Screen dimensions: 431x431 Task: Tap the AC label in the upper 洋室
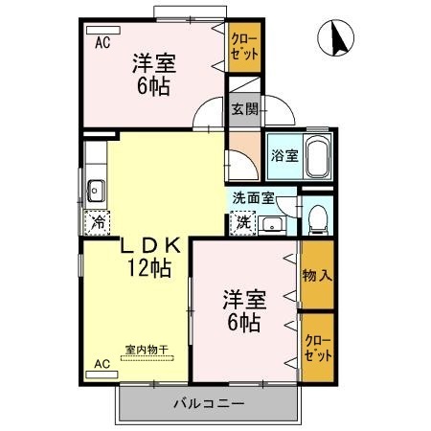[x=102, y=43]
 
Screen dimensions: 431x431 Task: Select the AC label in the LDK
[x=102, y=363]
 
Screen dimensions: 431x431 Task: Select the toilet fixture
[x=318, y=218]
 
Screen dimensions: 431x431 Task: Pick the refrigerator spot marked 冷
[x=98, y=223]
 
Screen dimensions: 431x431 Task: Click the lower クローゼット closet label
[x=317, y=347]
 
